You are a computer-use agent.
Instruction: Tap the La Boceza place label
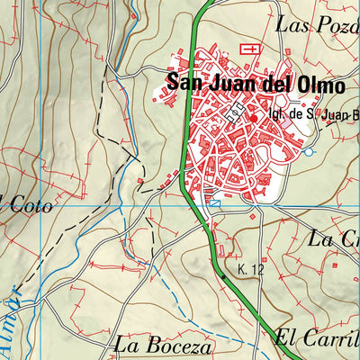tap(163, 345)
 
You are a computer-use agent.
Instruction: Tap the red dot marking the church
tap(255, 117)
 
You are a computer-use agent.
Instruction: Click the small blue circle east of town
tap(310, 152)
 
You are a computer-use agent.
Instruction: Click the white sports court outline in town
tap(237, 111)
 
